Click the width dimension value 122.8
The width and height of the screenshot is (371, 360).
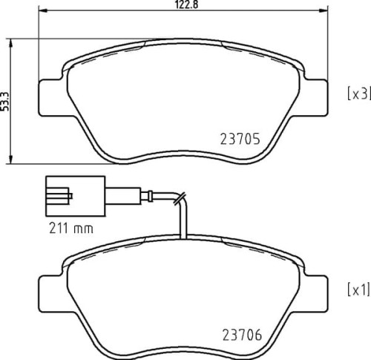[183, 4]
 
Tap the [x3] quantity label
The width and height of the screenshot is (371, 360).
[358, 94]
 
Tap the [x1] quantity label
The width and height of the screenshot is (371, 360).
[358, 289]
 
